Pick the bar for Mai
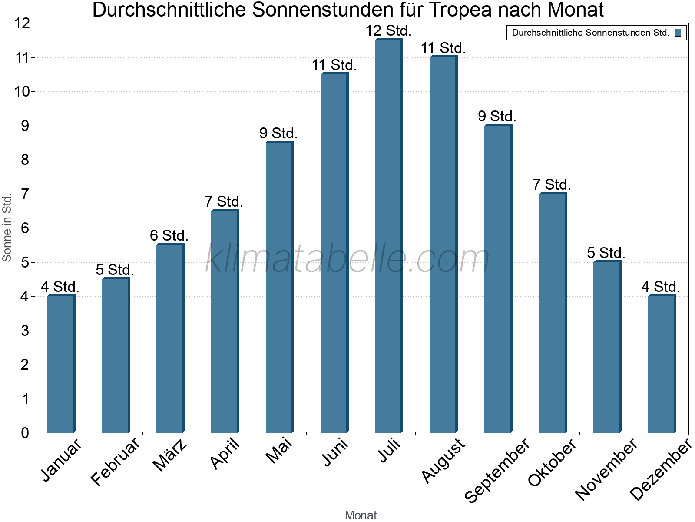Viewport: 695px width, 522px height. tap(279, 287)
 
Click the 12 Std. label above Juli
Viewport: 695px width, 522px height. tap(388, 31)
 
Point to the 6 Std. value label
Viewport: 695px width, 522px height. tap(169, 236)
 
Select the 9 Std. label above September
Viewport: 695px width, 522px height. tap(497, 117)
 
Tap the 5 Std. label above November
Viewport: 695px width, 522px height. tap(606, 253)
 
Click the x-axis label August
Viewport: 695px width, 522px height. tap(443, 460)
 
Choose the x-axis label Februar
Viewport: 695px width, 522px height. tap(116, 461)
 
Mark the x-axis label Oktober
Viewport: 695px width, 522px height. tap(552, 462)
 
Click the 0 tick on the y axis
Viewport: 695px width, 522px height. tap(25, 433)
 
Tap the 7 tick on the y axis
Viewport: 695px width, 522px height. tap(25, 194)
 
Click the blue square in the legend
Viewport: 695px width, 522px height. tap(678, 33)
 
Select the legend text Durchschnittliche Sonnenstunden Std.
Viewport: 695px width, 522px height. tap(590, 33)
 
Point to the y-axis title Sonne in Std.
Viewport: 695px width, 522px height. tap(7, 228)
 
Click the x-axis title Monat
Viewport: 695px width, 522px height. tap(361, 515)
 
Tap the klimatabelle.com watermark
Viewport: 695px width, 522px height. tap(347, 259)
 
